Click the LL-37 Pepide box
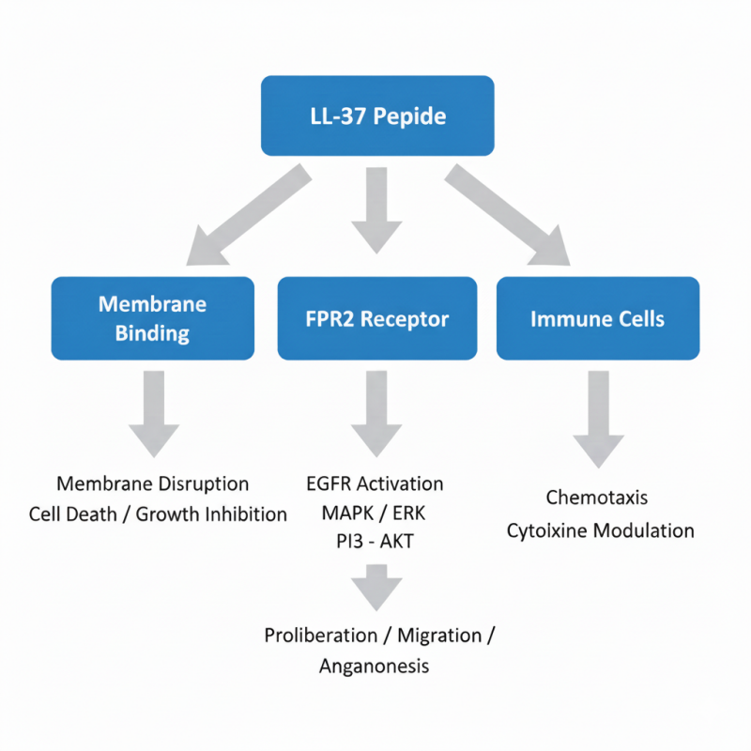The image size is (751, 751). point(377,116)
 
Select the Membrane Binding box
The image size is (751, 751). point(152,318)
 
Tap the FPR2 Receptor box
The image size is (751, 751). point(377,318)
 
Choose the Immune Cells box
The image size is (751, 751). point(597,318)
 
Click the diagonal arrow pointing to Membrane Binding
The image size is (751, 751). point(246,215)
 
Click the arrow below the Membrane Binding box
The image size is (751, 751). point(153,413)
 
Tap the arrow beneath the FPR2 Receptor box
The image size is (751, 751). point(376,413)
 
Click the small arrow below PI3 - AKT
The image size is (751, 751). point(376,588)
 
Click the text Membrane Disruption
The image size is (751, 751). point(153,484)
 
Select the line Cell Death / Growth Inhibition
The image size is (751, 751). point(158,513)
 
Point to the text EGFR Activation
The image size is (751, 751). point(375,484)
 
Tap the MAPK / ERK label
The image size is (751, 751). point(375,513)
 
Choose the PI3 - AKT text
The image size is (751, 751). point(375,543)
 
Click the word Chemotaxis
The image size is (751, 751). point(597,497)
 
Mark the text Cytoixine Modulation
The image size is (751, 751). point(601,530)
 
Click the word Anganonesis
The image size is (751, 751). point(374,666)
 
